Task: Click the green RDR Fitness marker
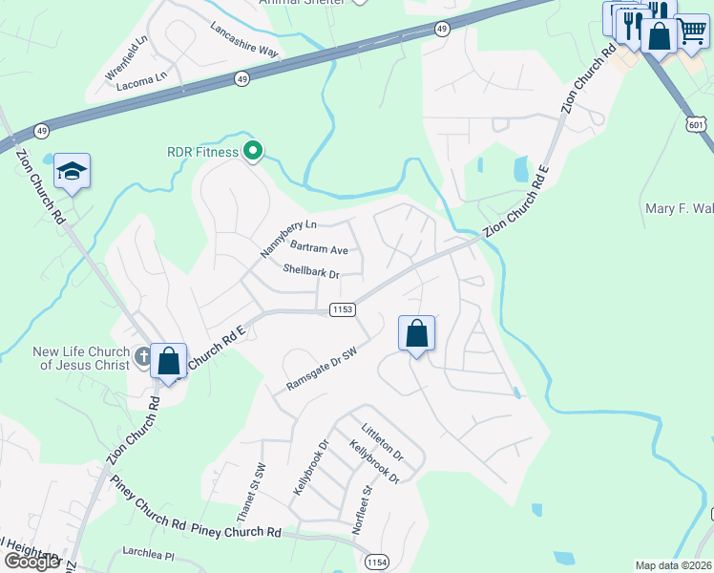[x=253, y=151]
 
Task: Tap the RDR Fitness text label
[x=202, y=151]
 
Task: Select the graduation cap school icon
[x=72, y=172]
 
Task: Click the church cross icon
[x=143, y=358]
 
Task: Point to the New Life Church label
[x=80, y=358]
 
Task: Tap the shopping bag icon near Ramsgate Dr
[x=416, y=334]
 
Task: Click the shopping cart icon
[x=691, y=31]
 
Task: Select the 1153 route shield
[x=343, y=309]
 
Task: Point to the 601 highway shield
[x=696, y=124]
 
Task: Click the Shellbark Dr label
[x=311, y=272]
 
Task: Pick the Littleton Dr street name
[x=382, y=442]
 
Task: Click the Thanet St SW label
[x=257, y=484]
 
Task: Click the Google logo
[x=31, y=561]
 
